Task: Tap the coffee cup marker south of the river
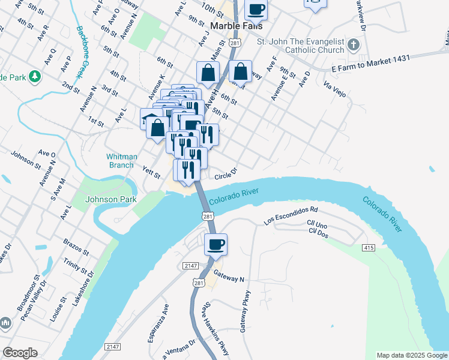click(215, 244)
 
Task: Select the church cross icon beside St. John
click(354, 45)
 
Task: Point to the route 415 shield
click(369, 248)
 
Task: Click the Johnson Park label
click(111, 199)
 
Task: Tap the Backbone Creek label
click(81, 52)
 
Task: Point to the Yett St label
click(151, 173)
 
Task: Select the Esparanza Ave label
click(158, 323)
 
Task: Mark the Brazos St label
click(76, 244)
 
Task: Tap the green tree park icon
click(35, 76)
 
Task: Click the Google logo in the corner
click(20, 353)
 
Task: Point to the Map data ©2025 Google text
click(411, 355)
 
